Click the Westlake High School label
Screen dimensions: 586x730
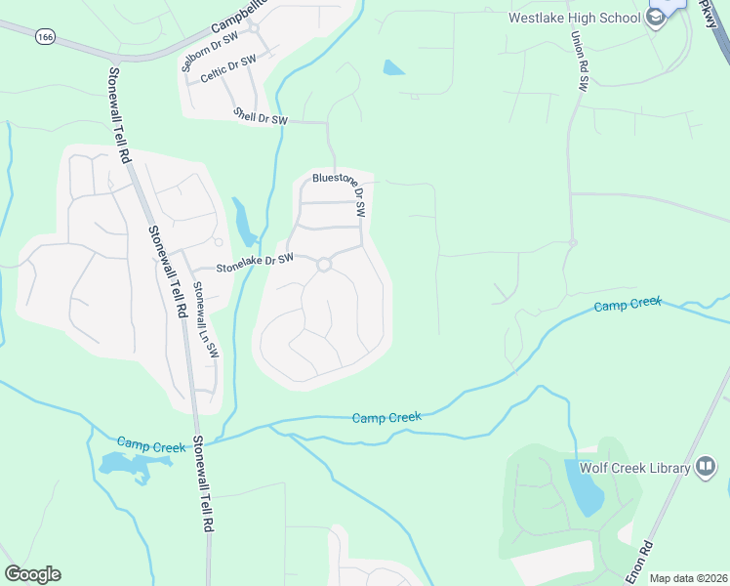point(573,18)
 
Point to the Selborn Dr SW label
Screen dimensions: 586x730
point(211,53)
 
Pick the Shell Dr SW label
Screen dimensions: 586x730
point(261,117)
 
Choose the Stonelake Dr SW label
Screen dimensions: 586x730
point(255,262)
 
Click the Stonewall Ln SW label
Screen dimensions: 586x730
point(205,319)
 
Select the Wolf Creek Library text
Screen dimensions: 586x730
point(634,468)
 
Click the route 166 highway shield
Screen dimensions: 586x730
point(45,36)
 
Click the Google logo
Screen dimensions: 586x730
point(32,574)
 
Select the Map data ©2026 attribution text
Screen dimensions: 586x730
point(688,578)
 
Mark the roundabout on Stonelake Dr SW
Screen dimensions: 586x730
point(324,264)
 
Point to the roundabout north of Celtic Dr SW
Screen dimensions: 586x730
point(254,28)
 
